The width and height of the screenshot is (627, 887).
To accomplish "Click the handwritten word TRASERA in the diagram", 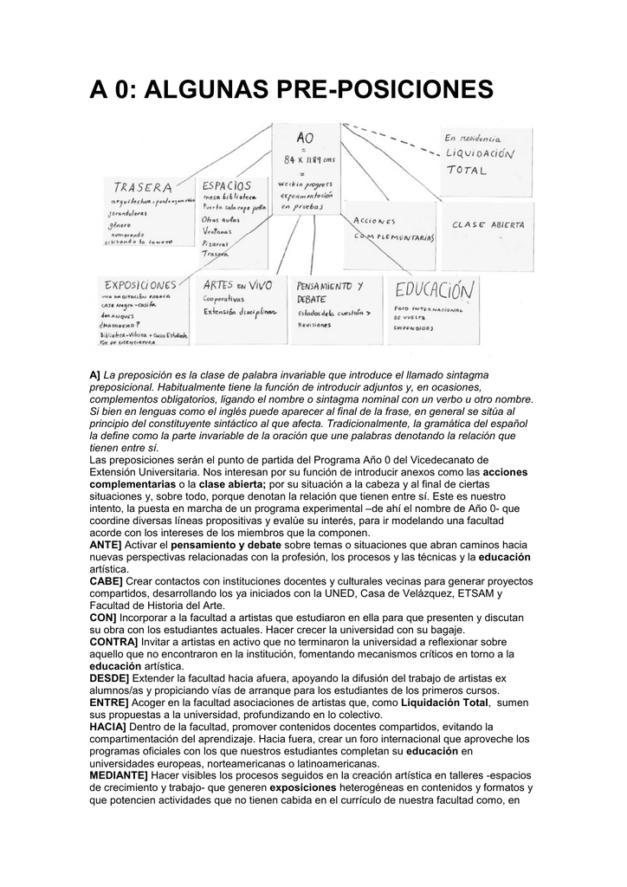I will (143, 187).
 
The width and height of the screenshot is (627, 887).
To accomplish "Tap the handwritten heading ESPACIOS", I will (227, 185).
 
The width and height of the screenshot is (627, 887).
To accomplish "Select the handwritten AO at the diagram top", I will (305, 138).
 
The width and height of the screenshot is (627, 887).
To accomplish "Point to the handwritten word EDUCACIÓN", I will (436, 289).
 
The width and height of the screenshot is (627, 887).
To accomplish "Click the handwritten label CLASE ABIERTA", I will (488, 224).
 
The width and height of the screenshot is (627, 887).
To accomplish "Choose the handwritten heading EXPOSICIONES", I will (140, 284).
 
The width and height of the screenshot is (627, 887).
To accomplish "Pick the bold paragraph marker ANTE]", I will (106, 544).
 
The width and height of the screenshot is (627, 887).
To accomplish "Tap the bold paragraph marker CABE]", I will (106, 580).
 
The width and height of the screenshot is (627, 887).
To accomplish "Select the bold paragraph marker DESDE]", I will (109, 677).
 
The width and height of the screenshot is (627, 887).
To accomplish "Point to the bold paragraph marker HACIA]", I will (107, 726).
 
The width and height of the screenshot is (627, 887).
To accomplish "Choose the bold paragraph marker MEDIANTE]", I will (119, 775).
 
